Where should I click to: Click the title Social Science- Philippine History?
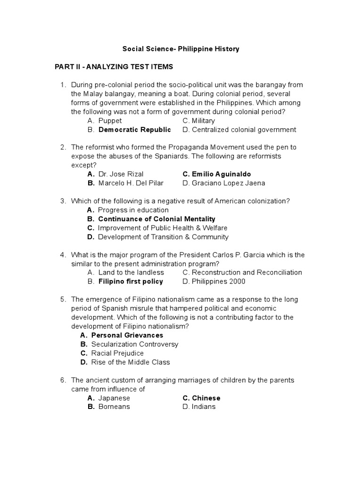pos(181,49)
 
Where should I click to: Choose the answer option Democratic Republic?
pos(134,130)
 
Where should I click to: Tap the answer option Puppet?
pos(110,121)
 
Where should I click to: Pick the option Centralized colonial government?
pos(244,130)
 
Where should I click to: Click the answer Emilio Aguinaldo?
pos(217,174)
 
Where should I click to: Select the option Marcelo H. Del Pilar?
pos(131,183)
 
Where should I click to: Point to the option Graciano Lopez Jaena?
pos(228,183)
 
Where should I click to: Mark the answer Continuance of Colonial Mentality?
pos(156,219)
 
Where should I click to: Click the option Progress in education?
pos(133,210)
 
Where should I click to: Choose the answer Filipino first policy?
pos(131,282)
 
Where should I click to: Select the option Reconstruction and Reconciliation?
pos(247,272)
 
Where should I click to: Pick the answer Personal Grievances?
pos(127,335)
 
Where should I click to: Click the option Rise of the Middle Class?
pos(131,362)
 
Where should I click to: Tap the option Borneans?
pos(114,407)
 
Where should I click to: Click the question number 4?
pos(62,255)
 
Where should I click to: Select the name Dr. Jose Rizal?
pos(121,174)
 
